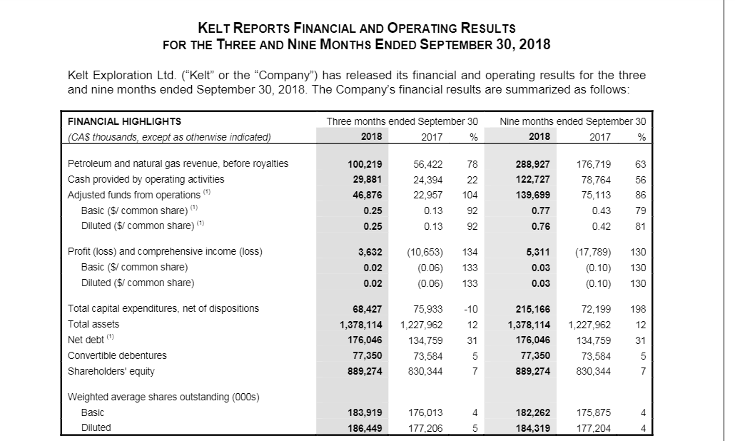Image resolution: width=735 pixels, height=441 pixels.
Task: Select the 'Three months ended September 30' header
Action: (x=402, y=121)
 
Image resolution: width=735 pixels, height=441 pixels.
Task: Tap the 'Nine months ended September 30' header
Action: (x=573, y=121)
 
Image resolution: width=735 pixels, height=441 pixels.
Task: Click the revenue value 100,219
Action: (x=364, y=163)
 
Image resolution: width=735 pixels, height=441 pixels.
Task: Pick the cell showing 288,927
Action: (x=532, y=163)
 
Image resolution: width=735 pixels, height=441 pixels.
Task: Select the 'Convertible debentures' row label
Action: (x=117, y=355)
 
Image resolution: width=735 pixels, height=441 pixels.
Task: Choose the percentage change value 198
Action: (x=637, y=308)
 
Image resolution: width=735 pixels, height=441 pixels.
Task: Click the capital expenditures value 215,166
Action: (x=532, y=308)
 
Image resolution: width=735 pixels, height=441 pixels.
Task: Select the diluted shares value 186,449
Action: (x=364, y=428)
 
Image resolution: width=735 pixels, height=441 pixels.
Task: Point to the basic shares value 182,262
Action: (x=532, y=412)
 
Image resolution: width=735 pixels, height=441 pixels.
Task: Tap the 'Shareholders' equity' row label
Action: (x=111, y=371)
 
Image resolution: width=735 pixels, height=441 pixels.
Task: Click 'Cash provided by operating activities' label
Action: (x=146, y=179)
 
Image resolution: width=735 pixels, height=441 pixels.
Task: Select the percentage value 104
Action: (x=469, y=195)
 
